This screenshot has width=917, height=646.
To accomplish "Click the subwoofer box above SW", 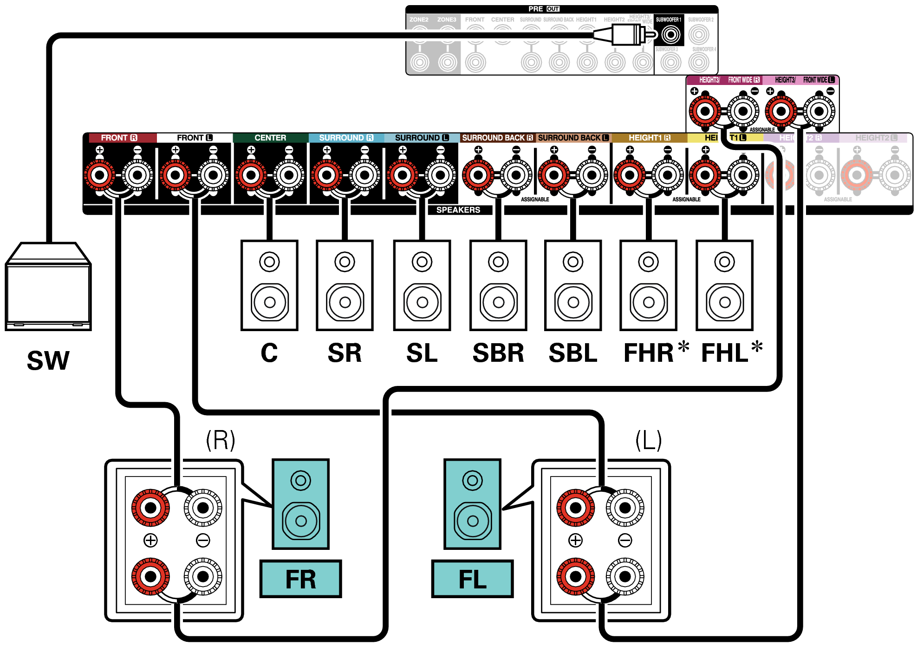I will tap(48, 288).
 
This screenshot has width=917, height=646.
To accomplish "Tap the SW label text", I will tap(48, 360).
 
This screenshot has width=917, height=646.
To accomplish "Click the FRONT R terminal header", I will tap(119, 138).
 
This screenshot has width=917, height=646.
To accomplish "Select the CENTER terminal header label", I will tap(270, 138).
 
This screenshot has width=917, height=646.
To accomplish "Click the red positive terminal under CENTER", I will tap(251, 175).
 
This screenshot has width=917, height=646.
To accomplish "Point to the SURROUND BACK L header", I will tap(573, 138).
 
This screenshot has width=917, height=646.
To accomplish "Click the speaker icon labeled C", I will tap(269, 285).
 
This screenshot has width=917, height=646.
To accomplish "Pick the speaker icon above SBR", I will tap(498, 285).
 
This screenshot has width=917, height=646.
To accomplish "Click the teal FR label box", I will tap(300, 579).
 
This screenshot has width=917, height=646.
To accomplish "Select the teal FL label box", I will tap(472, 579).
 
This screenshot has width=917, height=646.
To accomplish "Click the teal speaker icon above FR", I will tap(300, 504).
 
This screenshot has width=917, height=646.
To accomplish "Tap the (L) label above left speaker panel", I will tap(648, 440).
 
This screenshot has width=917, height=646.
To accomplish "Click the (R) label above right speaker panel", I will tap(221, 440).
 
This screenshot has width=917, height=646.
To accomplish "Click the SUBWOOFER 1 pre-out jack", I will tap(670, 34).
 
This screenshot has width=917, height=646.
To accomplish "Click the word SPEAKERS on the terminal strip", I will tap(458, 210).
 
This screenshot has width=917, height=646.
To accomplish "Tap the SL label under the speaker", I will tap(422, 353).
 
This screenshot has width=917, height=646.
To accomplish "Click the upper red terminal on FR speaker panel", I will tap(150, 508).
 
